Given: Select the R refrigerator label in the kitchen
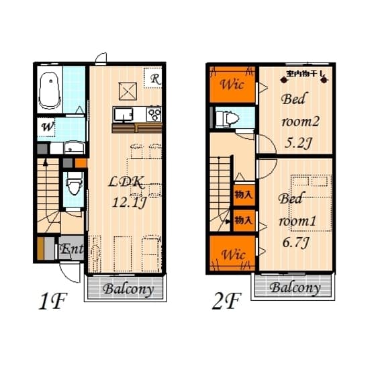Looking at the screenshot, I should pos(154,79).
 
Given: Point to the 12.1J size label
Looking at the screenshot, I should pos(128,202).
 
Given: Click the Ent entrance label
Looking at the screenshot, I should pos(72,250).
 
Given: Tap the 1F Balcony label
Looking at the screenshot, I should pos(128,289).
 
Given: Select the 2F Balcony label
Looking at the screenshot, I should pos(294,287).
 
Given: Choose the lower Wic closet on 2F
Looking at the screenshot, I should pos(231,253).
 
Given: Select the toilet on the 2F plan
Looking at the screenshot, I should pos(226,119).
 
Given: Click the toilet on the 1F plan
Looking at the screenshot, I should pos(74,181).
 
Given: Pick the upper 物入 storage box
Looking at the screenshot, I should pos(242,195).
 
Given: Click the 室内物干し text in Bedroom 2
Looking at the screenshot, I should pos(305,73).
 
